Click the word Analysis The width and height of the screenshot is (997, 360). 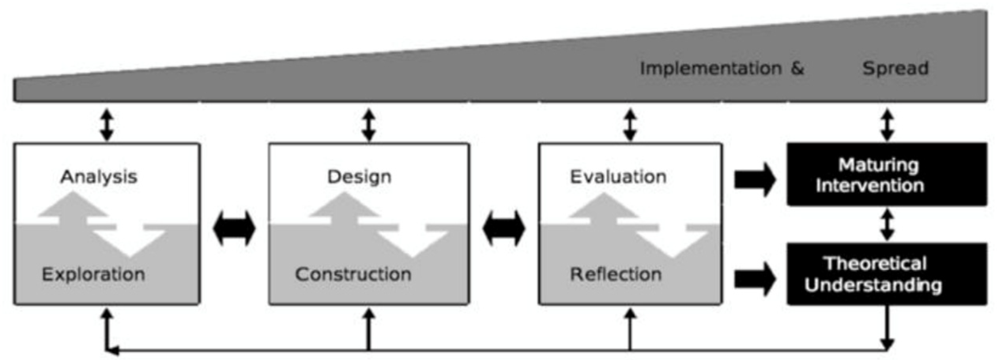pyautogui.click(x=99, y=177)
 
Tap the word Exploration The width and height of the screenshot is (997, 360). pyautogui.click(x=93, y=274)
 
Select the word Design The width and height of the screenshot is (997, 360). pyautogui.click(x=359, y=177)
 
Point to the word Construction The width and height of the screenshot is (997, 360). pyautogui.click(x=353, y=274)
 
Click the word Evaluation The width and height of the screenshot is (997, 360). pyautogui.click(x=618, y=177)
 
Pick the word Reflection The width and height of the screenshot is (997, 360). pyautogui.click(x=616, y=274)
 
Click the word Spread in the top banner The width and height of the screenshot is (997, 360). pyautogui.click(x=895, y=68)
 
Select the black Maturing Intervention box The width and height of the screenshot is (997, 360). pyautogui.click(x=886, y=175)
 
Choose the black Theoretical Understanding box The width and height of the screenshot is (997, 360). pyautogui.click(x=886, y=274)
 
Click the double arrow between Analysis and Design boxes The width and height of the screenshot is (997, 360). pyautogui.click(x=234, y=228)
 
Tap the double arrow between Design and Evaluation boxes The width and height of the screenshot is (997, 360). pyautogui.click(x=504, y=228)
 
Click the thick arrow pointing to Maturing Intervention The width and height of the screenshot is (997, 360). pyautogui.click(x=755, y=180)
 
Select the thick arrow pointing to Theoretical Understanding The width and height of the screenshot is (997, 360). pyautogui.click(x=755, y=279)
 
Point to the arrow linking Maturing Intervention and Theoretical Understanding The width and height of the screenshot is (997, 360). pyautogui.click(x=887, y=224)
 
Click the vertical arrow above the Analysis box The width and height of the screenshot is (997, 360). pyautogui.click(x=107, y=124)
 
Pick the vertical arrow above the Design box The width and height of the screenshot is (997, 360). pyautogui.click(x=369, y=124)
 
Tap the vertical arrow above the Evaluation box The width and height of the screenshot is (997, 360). pyautogui.click(x=630, y=124)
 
